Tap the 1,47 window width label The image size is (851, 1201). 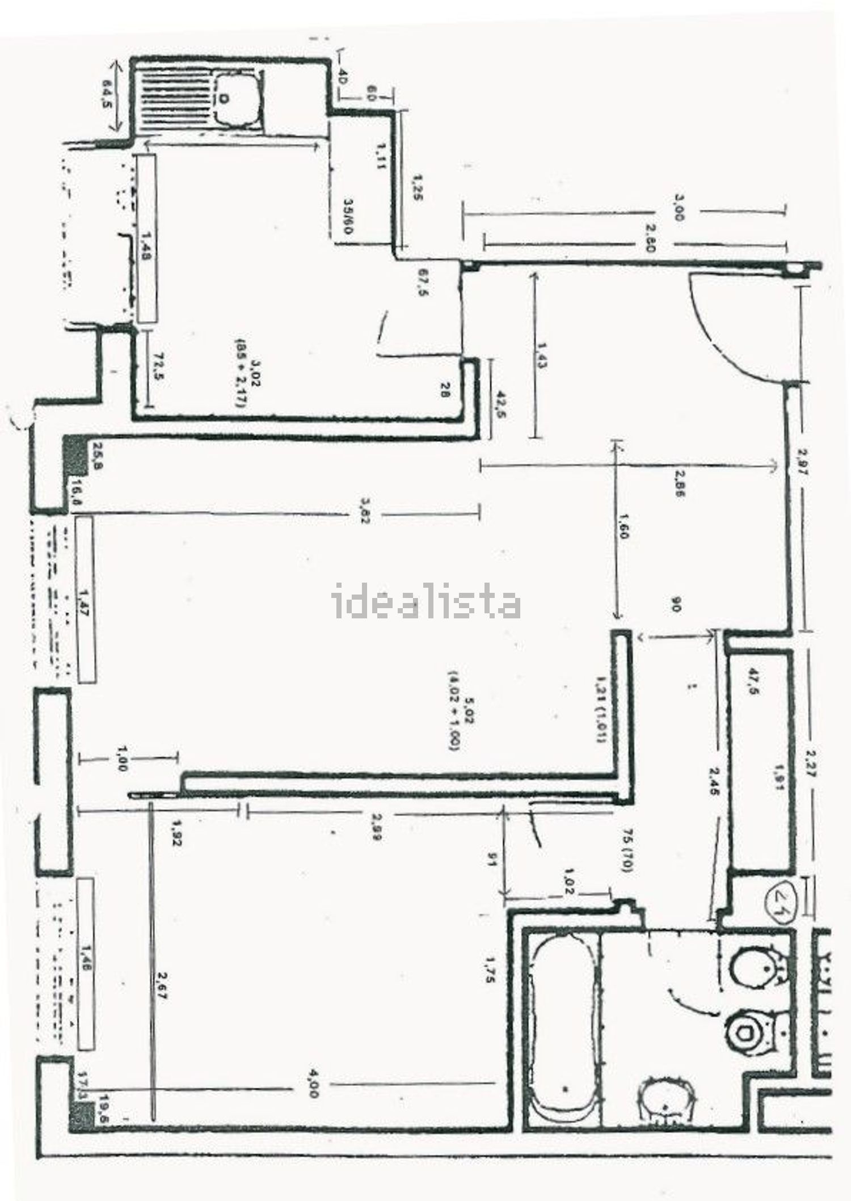click(x=86, y=600)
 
